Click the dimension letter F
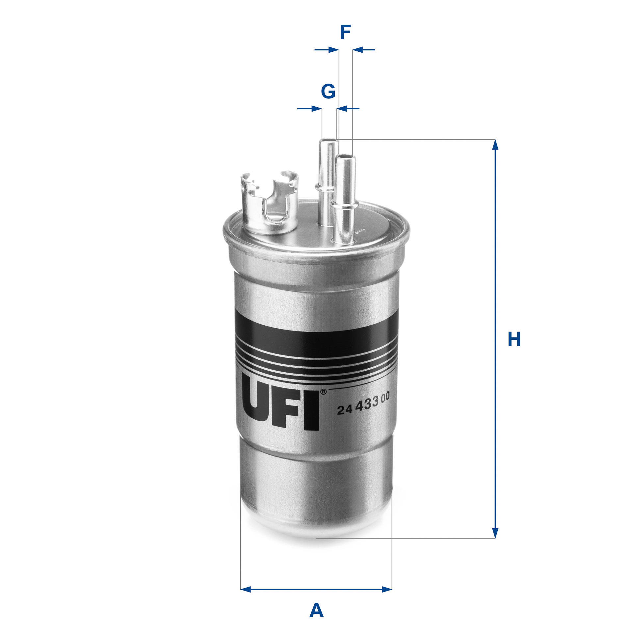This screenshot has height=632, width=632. (345, 32)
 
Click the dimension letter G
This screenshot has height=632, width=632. (328, 91)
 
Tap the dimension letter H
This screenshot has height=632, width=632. (514, 339)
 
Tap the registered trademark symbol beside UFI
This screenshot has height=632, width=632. (323, 392)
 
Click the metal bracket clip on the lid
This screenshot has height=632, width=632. (270, 201)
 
